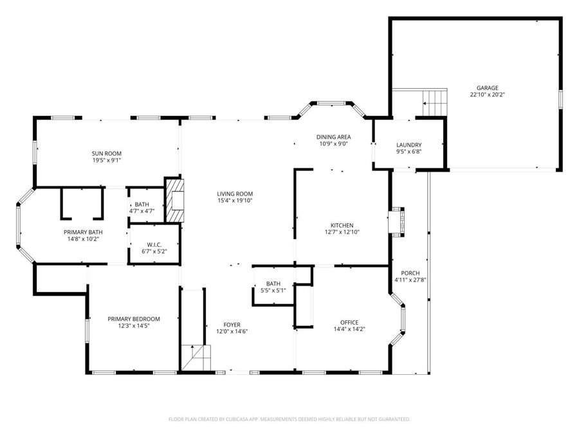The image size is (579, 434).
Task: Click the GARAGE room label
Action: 487,88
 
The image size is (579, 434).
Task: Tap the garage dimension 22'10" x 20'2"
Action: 487,95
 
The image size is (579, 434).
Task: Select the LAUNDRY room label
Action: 409,145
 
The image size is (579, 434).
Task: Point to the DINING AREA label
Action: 333,138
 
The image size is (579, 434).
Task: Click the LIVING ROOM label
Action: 234,194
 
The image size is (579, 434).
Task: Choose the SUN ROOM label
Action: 106,154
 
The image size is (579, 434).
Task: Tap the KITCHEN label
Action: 342,225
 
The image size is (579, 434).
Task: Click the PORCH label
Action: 410,273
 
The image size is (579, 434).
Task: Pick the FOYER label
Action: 232,325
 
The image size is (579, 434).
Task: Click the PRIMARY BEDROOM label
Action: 134,319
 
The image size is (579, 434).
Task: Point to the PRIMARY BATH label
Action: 82,232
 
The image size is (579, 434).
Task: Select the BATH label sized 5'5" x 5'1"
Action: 273,284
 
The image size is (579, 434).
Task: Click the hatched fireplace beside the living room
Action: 174,201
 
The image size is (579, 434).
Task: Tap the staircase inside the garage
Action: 436,101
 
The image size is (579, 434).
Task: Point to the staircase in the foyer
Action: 196,357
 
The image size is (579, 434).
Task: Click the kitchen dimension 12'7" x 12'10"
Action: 342,232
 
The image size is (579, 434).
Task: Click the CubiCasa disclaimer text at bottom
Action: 289,419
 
